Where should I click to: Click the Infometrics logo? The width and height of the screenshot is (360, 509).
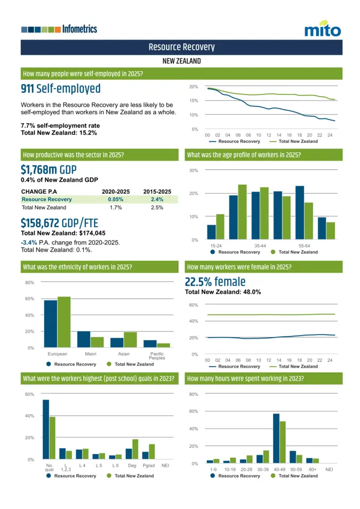[59, 29]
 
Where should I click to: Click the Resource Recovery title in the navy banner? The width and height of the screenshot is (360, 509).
[181, 47]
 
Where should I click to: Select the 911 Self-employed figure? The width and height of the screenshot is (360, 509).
[60, 89]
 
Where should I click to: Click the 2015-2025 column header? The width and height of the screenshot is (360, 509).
[157, 192]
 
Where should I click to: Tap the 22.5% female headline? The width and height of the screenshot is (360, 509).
[215, 282]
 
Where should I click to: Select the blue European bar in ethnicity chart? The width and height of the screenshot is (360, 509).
[51, 323]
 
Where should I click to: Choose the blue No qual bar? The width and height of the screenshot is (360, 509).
[46, 429]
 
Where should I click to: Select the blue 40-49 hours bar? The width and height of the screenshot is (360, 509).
[276, 438]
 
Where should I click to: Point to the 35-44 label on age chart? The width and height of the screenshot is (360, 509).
[260, 245]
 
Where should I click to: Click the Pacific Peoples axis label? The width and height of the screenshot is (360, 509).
[157, 356]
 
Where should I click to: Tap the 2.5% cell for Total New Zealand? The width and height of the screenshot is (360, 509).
[157, 208]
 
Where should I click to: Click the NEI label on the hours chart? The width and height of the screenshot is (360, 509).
[329, 469]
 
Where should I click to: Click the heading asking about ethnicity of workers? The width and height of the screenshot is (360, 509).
[77, 267]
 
